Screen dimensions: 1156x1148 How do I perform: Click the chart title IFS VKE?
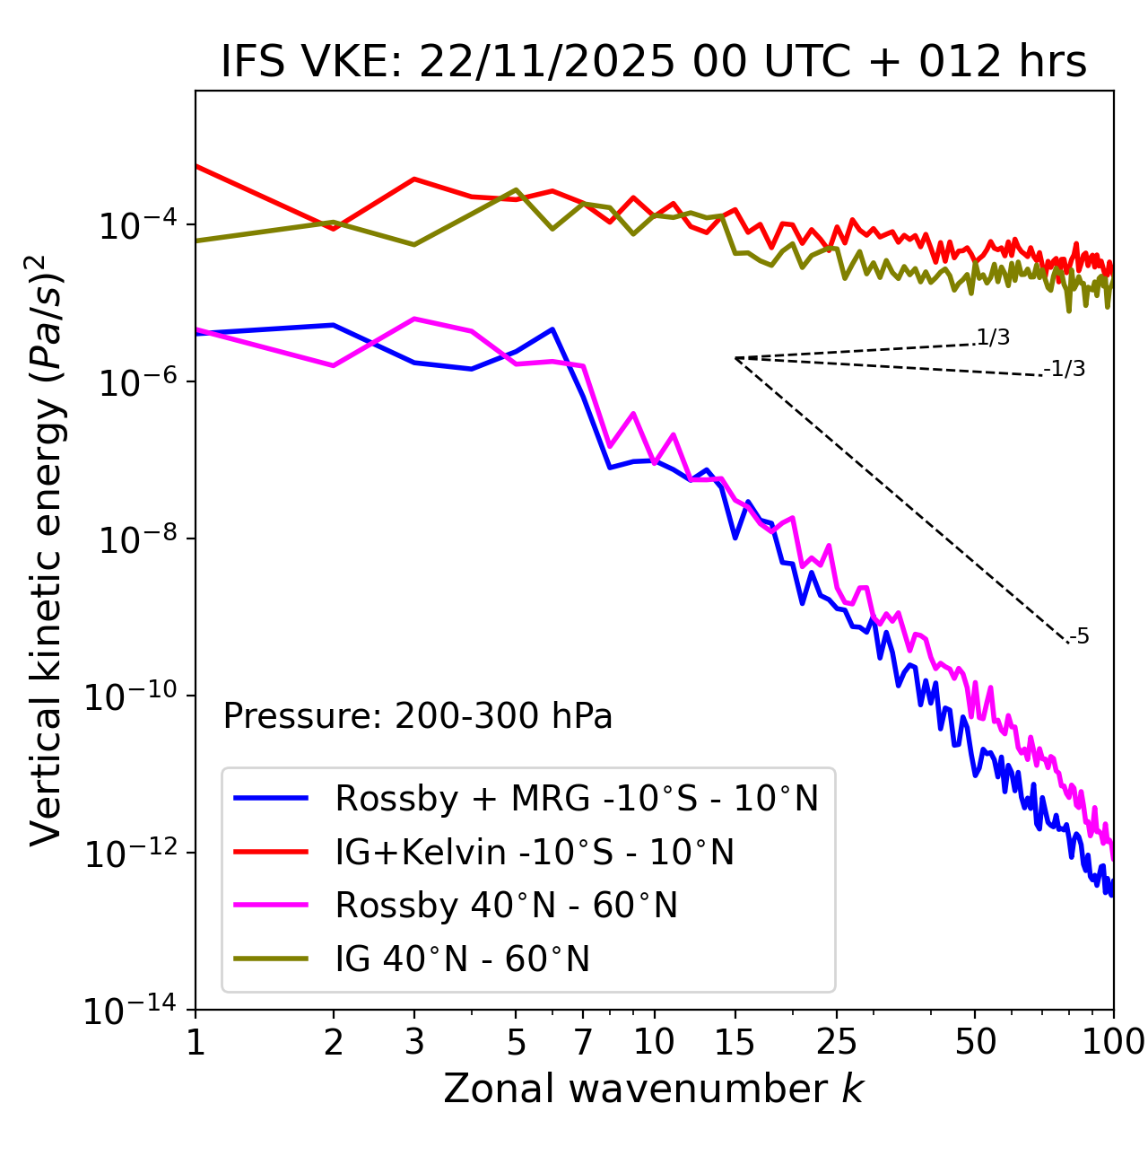[x=653, y=63]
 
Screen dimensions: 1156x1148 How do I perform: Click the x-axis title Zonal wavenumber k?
[x=653, y=1088]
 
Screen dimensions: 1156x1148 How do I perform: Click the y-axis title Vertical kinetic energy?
[x=47, y=549]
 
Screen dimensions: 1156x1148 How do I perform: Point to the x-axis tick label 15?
[x=735, y=1042]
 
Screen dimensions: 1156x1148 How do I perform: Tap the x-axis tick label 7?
[x=583, y=1042]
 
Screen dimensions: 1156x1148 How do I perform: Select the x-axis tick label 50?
[x=975, y=1042]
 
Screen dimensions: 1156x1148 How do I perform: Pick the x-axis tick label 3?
[x=414, y=1042]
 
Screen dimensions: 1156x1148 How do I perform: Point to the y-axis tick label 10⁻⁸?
[x=135, y=539]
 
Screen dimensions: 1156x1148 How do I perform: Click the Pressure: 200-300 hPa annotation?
[x=417, y=716]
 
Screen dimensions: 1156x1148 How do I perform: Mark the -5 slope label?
[x=1080, y=637]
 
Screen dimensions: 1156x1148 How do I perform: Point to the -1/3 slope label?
[x=1065, y=369]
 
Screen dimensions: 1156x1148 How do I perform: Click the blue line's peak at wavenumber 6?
[x=552, y=329]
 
